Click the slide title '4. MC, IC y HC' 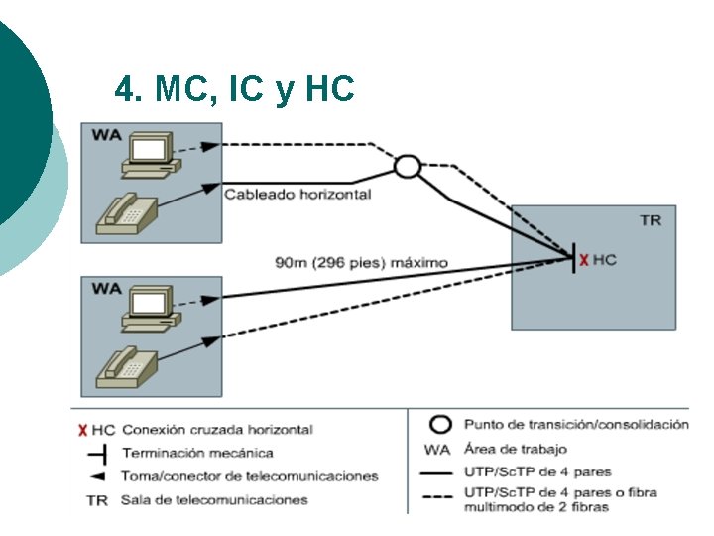tap(234, 90)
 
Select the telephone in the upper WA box tap(127, 211)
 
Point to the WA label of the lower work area tap(106, 288)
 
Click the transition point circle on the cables tap(407, 166)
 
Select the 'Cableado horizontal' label tap(297, 194)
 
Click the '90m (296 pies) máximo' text tap(361, 263)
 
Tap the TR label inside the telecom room tap(650, 220)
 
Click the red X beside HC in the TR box tap(584, 260)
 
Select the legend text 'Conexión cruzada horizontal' tap(217, 430)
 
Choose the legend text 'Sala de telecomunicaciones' tap(215, 500)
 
